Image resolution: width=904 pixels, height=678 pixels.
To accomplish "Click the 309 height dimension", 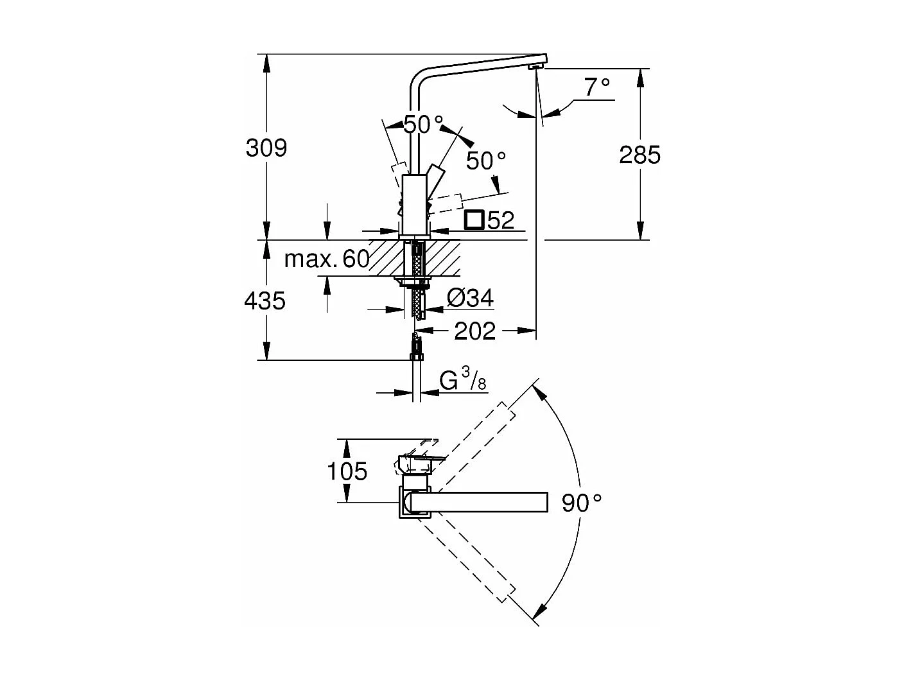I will [266, 148].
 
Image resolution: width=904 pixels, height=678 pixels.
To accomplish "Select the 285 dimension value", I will [639, 155].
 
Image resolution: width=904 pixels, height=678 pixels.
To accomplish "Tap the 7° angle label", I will [596, 87].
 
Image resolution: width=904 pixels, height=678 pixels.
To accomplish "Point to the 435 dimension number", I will [265, 300].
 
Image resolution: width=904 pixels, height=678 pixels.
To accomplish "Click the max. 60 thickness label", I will [327, 259].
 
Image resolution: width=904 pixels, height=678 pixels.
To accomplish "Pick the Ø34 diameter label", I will [470, 298].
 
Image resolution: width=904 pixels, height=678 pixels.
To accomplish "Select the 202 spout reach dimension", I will [475, 331].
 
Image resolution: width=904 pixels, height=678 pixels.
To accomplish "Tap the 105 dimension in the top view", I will [347, 471].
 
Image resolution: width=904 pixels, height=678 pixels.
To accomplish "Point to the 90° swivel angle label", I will [582, 503].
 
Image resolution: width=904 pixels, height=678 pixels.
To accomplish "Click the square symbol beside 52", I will [474, 220].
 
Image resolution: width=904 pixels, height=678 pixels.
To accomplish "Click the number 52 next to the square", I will [501, 220].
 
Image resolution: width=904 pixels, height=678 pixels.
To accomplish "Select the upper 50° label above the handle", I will [424, 124].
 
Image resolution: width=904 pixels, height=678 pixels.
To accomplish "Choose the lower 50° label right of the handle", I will [486, 161].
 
